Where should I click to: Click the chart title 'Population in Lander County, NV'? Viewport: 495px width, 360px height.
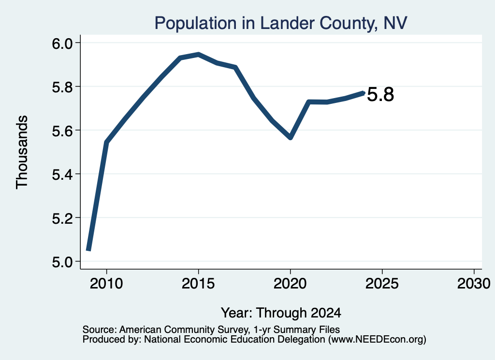281,23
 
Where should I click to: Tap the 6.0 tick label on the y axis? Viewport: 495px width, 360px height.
62,43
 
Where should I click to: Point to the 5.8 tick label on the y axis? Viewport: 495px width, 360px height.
62,87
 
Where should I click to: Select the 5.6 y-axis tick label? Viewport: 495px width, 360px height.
62,130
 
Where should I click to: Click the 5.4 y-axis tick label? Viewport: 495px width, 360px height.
62,174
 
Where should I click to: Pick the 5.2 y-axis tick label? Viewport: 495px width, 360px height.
62,218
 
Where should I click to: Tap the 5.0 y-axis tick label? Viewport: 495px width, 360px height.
62,262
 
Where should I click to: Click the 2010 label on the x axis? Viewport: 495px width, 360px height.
106,283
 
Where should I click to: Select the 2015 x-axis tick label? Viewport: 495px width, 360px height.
198,283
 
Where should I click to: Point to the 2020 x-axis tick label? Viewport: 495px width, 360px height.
290,283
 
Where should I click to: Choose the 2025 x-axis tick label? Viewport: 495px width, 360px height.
382,283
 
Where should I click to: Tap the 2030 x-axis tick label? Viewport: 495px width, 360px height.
474,283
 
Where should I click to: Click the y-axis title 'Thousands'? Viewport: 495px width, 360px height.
22,152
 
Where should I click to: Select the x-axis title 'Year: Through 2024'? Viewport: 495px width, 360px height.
281,313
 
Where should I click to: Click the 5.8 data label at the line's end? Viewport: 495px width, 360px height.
381,94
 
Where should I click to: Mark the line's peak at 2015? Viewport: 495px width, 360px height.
198,55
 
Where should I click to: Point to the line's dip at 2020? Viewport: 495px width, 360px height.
291,138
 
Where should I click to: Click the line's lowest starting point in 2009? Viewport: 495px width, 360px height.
89,249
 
